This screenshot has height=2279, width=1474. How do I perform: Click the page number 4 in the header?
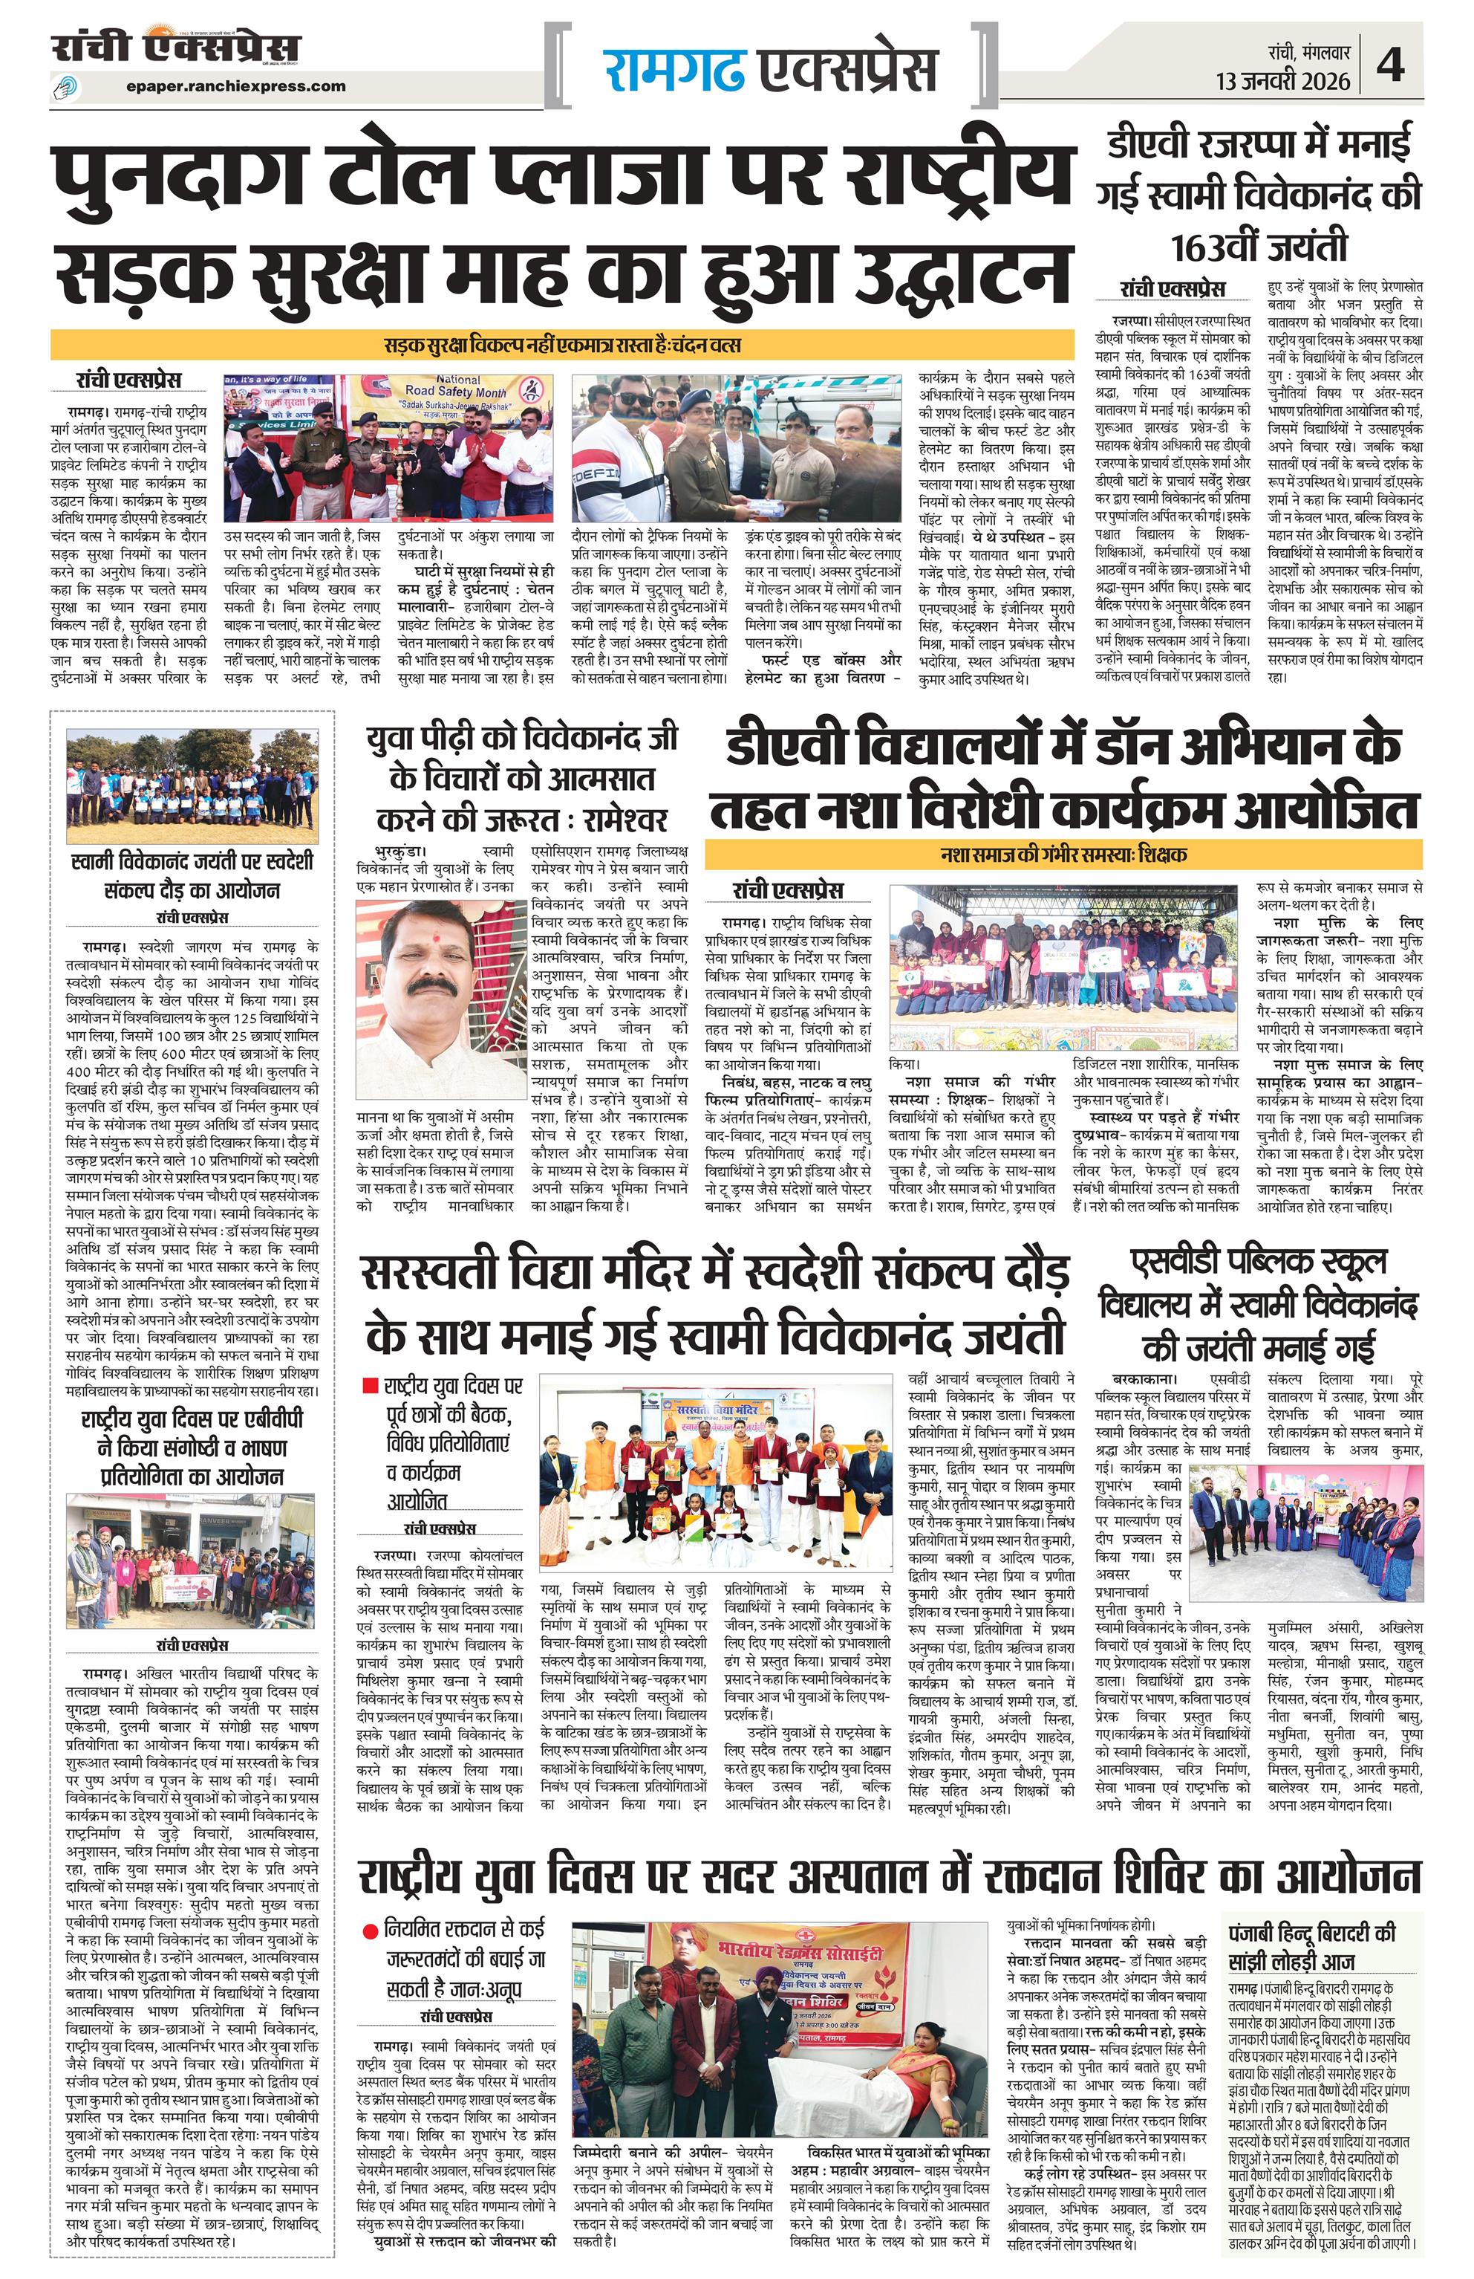[1390, 66]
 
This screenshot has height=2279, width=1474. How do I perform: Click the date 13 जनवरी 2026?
[1282, 80]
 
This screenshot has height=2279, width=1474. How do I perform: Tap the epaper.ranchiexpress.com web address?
[235, 86]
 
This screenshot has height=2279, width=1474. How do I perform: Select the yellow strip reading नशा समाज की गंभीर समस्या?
[1063, 853]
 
